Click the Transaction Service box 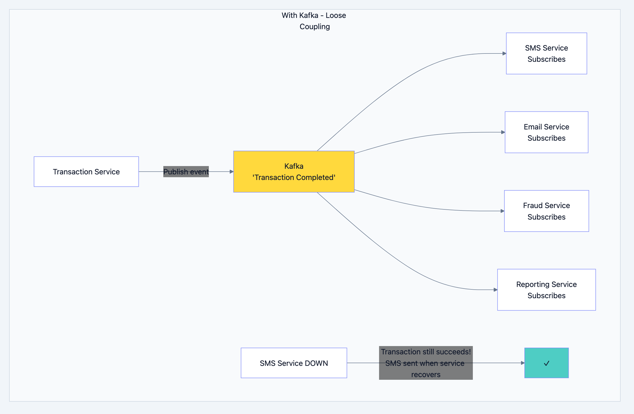click(x=86, y=172)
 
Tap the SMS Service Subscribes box click(x=546, y=53)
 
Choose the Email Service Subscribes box click(x=546, y=132)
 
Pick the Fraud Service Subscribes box click(x=546, y=211)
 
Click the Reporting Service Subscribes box click(x=546, y=290)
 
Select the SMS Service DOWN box click(x=294, y=363)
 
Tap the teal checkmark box click(x=546, y=363)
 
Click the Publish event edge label click(x=186, y=172)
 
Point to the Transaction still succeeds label click(x=426, y=352)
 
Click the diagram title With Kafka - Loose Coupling click(x=314, y=21)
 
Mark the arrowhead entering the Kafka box click(x=232, y=172)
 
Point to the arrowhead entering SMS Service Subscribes click(x=504, y=53)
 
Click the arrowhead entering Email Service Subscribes click(x=503, y=132)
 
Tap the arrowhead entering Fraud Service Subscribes click(x=503, y=211)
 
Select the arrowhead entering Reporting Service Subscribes click(x=496, y=290)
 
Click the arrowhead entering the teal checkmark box click(x=523, y=363)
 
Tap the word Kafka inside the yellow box click(x=294, y=166)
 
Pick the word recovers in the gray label click(x=426, y=374)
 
